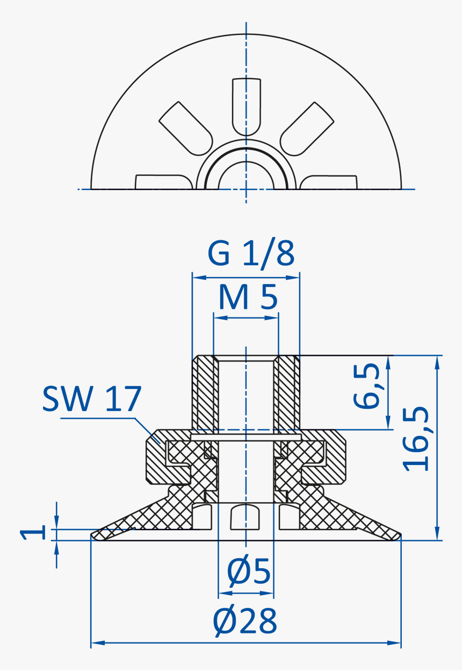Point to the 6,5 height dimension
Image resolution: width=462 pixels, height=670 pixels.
tap(367, 385)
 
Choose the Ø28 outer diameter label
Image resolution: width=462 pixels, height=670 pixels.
tap(245, 622)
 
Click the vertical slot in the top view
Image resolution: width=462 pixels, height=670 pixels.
tap(247, 105)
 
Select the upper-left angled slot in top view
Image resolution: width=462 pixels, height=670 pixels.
tap(185, 127)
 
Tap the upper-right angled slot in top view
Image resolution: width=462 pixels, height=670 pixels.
tap(307, 127)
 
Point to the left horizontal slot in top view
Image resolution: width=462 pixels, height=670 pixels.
tap(163, 182)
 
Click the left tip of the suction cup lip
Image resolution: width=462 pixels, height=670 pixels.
tap(94, 535)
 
